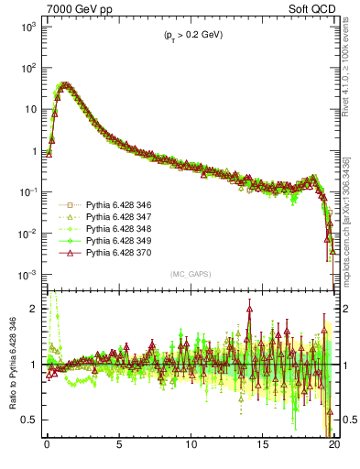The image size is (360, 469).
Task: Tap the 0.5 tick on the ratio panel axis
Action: pos(32,420)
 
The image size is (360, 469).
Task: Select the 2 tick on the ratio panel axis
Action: pos(36,309)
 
